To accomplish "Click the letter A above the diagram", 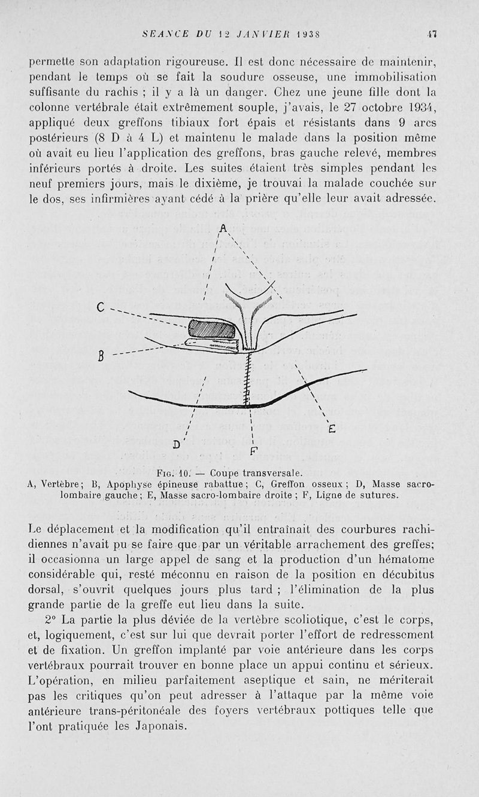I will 223,228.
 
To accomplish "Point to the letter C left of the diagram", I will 100,309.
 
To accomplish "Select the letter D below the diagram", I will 177,444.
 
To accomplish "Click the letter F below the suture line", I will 254,450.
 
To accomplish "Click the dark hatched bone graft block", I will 212,329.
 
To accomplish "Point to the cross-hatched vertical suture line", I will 247,377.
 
